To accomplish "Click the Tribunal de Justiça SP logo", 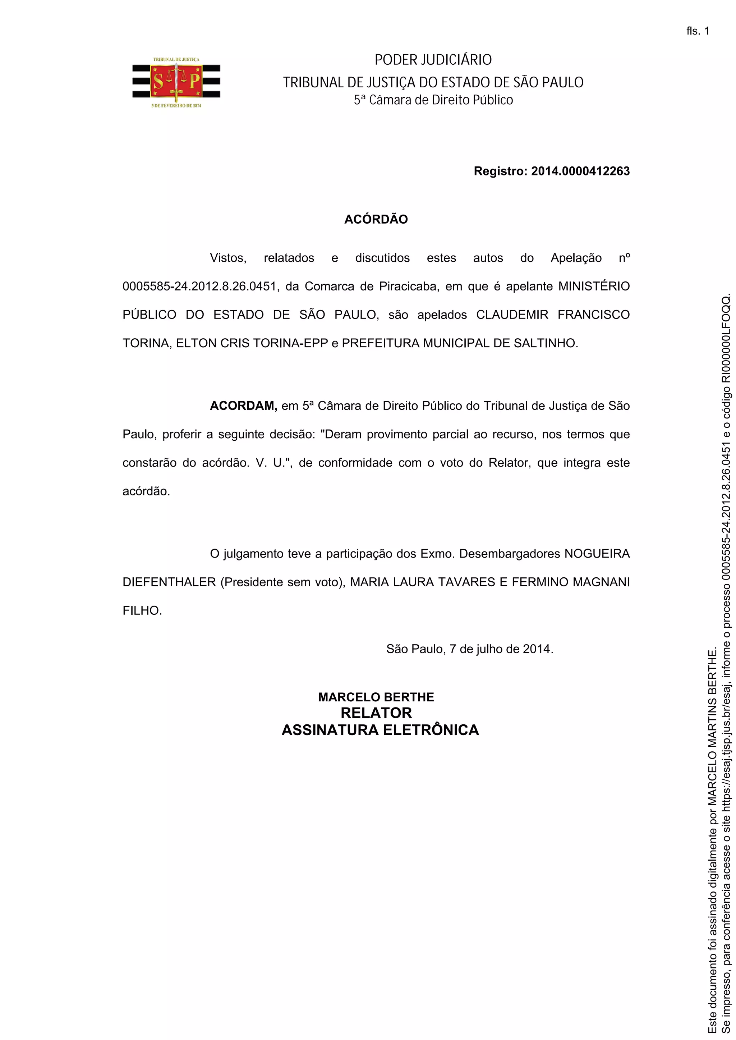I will tap(176, 82).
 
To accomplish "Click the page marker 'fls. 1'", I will tap(698, 31).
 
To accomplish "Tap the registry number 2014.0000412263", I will tap(580, 171).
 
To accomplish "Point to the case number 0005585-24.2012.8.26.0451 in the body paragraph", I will tap(199, 287).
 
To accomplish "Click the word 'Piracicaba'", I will tap(409, 287).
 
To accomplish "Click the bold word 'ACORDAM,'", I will tap(243, 406).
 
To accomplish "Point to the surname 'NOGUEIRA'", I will tap(597, 554).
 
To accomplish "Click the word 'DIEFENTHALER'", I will tap(169, 582).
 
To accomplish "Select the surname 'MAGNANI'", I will tap(601, 582).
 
